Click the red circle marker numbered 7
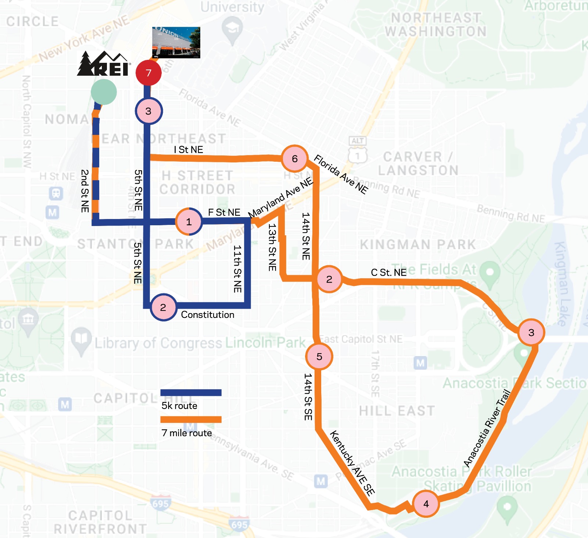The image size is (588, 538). click(x=148, y=73)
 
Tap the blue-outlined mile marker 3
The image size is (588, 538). click(x=148, y=111)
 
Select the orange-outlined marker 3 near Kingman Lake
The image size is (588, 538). click(x=531, y=332)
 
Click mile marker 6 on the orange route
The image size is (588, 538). click(x=295, y=159)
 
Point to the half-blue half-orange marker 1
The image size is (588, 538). click(x=189, y=222)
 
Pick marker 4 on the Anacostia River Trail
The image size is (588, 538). click(x=426, y=503)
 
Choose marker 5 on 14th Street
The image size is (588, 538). click(x=319, y=356)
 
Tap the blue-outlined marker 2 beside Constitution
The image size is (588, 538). click(x=163, y=307)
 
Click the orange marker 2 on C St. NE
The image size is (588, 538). click(x=329, y=279)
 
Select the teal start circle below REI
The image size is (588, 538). click(x=104, y=92)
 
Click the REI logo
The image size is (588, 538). click(x=104, y=64)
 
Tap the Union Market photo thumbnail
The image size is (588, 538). click(x=176, y=43)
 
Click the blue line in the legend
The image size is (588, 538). click(x=191, y=392)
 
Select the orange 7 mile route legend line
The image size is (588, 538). click(x=191, y=420)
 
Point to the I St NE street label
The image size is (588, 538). click(x=189, y=150)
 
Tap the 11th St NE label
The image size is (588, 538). click(x=237, y=269)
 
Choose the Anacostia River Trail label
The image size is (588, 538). click(x=487, y=428)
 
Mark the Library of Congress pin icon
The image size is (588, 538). click(x=81, y=340)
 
